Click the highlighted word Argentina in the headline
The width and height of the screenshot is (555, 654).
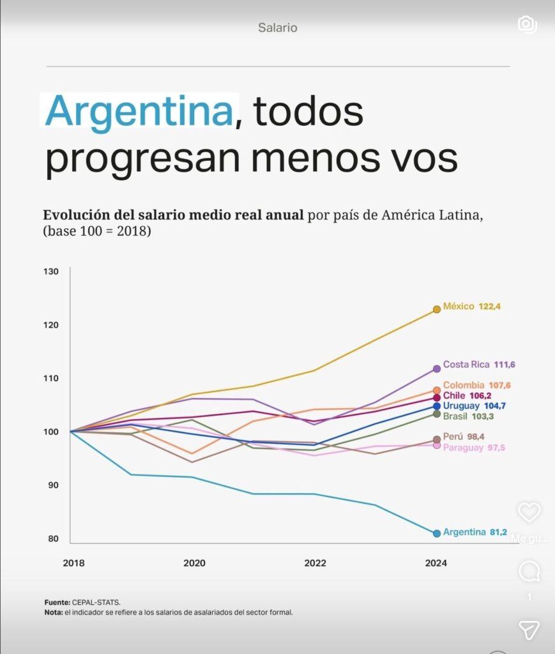click(x=139, y=111)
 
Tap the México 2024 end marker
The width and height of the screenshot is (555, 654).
click(x=437, y=309)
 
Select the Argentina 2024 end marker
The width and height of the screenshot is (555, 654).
click(x=437, y=533)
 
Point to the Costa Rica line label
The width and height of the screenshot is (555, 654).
click(x=466, y=365)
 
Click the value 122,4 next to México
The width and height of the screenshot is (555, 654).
click(x=490, y=307)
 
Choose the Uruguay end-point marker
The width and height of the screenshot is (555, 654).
click(x=437, y=406)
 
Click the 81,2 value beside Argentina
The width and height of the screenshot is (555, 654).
click(x=498, y=532)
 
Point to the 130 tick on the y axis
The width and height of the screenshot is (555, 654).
click(x=52, y=271)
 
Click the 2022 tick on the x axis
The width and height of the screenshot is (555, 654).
click(x=315, y=563)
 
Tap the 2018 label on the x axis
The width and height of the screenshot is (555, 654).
click(x=73, y=563)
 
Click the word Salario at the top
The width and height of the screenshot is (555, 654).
click(x=278, y=27)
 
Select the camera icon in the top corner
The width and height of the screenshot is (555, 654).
click(x=526, y=24)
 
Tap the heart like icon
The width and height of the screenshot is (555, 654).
click(x=529, y=512)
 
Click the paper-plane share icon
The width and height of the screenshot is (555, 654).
click(x=529, y=630)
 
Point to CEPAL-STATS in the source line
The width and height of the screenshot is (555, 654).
click(x=96, y=602)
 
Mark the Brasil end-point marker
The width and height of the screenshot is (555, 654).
click(x=437, y=414)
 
